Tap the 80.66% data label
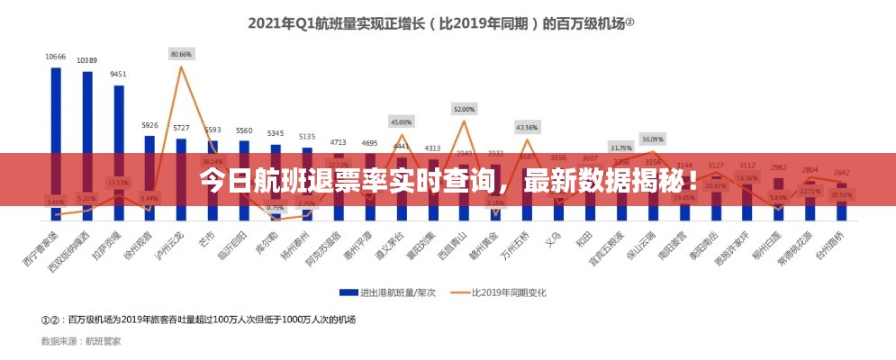pos(181,54)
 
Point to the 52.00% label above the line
pos(464,109)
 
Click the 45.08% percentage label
pos(402,121)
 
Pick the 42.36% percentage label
pos(527,127)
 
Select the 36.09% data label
pos(653,139)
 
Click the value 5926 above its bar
pos(149,125)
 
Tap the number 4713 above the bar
pos(339,142)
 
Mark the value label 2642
pos(841,173)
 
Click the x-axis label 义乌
pos(555,237)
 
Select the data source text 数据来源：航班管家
pos(81,341)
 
